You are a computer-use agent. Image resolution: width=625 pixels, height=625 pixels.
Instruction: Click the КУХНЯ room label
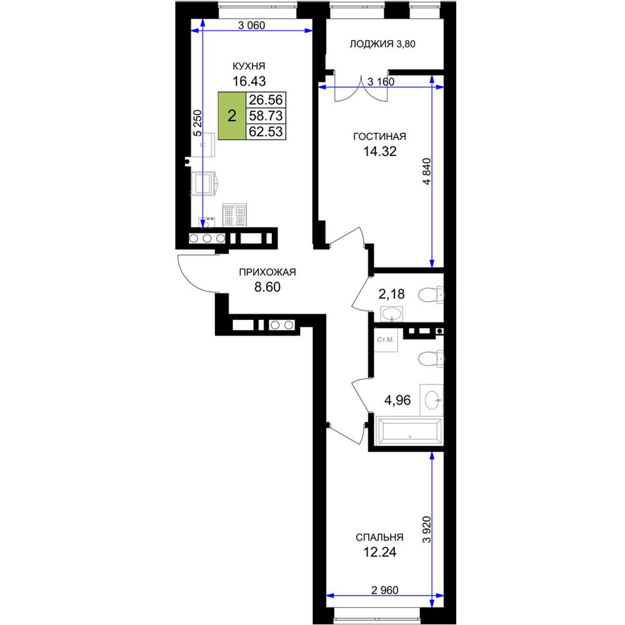click(249, 66)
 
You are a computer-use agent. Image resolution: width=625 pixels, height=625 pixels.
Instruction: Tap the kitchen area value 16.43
click(249, 81)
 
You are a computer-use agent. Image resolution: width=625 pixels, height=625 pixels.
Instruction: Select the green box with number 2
click(232, 116)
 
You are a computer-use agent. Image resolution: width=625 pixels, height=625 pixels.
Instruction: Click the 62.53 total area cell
click(266, 131)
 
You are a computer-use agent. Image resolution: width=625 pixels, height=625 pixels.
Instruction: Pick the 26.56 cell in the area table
click(266, 99)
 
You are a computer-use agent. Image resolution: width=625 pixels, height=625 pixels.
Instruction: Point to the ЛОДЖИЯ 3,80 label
click(382, 44)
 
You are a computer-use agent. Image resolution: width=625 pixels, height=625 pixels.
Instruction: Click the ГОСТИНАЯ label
click(379, 136)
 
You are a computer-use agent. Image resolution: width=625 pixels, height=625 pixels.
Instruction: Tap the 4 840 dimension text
click(426, 171)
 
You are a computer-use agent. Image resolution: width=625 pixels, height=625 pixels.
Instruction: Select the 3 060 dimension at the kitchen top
click(251, 26)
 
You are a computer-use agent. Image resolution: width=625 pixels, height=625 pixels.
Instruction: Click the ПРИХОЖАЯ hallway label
click(267, 272)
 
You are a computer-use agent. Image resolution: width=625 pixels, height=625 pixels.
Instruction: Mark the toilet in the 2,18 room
click(431, 296)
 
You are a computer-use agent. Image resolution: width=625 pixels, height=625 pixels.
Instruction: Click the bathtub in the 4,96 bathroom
click(409, 431)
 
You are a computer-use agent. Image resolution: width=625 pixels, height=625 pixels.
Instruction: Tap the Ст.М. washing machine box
click(386, 340)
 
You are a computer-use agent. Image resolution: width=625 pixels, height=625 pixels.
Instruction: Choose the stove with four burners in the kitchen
click(234, 215)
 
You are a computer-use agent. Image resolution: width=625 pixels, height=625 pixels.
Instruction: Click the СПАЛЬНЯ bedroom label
click(379, 537)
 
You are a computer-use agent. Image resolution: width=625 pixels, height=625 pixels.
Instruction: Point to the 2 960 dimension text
click(384, 590)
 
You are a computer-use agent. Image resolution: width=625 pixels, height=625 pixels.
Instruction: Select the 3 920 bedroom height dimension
click(426, 530)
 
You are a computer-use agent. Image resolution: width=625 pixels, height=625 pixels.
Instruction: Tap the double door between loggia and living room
click(361, 88)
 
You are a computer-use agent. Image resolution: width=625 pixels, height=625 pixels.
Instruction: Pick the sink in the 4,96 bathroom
click(433, 400)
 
